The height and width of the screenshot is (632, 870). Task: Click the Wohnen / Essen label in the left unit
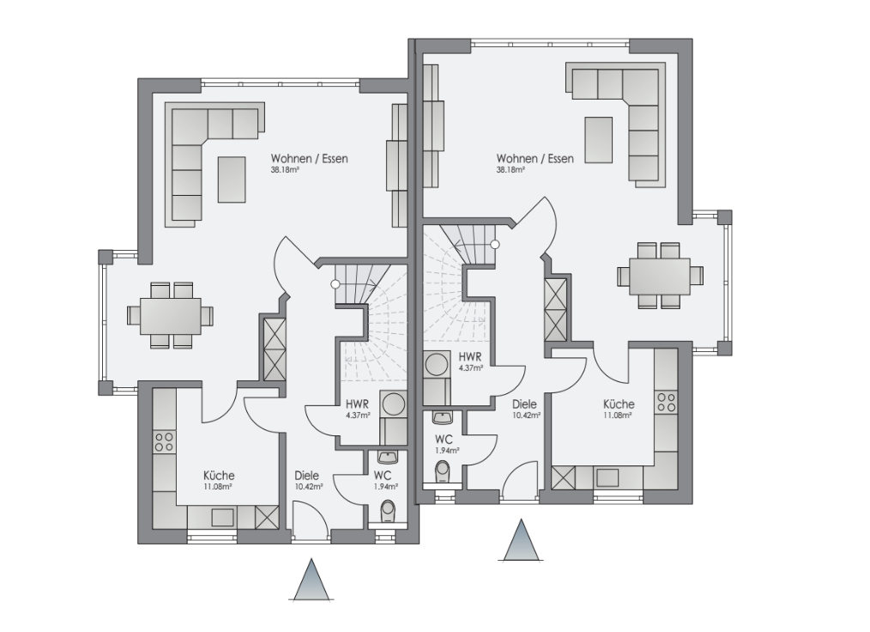(x=309, y=159)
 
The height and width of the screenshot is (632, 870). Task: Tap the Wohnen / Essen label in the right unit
(x=535, y=159)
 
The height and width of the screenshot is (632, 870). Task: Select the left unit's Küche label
(x=219, y=476)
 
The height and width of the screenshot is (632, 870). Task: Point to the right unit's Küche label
(x=619, y=404)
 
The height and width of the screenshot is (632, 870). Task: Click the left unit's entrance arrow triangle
(x=311, y=580)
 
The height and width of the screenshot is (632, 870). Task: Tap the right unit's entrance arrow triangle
(x=521, y=540)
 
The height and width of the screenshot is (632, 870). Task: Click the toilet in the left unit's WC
(x=388, y=509)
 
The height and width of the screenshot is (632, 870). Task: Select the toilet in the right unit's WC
(x=442, y=471)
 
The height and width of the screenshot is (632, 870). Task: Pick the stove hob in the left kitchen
(x=164, y=441)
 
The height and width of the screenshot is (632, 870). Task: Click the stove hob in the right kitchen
(x=666, y=403)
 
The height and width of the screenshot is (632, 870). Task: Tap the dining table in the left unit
(x=171, y=316)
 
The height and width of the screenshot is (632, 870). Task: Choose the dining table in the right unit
(x=660, y=276)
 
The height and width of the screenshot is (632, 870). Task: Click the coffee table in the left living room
(x=232, y=179)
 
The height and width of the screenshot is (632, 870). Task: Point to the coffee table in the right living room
(x=599, y=140)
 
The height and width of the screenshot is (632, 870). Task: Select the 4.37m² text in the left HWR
(x=358, y=415)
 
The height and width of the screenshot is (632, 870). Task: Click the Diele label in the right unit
(x=524, y=404)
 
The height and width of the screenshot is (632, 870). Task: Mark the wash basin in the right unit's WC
(x=442, y=417)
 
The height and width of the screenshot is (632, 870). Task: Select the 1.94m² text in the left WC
(x=385, y=487)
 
